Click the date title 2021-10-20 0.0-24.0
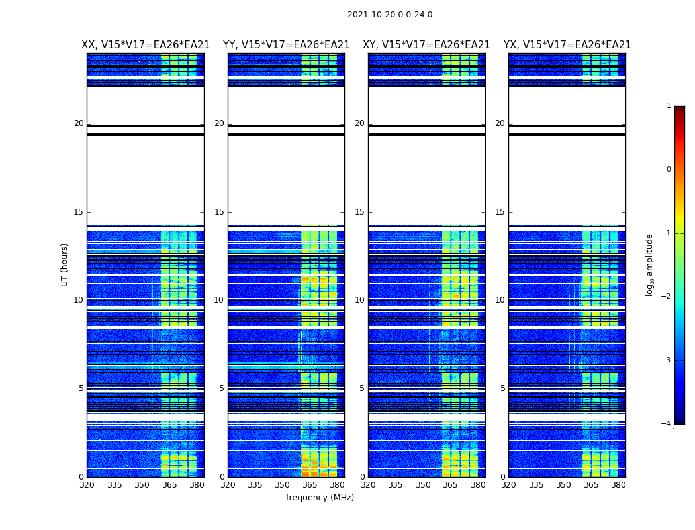pyautogui.click(x=390, y=15)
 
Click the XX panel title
pyautogui.click(x=146, y=45)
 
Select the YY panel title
pyautogui.click(x=286, y=45)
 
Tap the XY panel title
pyautogui.click(x=426, y=45)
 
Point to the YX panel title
pyautogui.click(x=567, y=45)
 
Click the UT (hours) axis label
pyautogui.click(x=65, y=264)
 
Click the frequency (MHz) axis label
pyautogui.click(x=320, y=498)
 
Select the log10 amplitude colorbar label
pyautogui.click(x=650, y=264)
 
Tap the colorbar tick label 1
pyautogui.click(x=669, y=106)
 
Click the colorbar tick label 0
pyautogui.click(x=669, y=170)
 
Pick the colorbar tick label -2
pyautogui.click(x=667, y=297)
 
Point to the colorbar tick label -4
pyautogui.click(x=667, y=424)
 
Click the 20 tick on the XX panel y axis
pyautogui.click(x=79, y=123)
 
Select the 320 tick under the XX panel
pyautogui.click(x=87, y=485)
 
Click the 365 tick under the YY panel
pyautogui.click(x=310, y=485)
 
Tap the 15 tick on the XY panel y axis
pyautogui.click(x=359, y=212)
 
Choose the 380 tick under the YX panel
pyautogui.click(x=618, y=485)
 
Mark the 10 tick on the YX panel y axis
pyautogui.click(x=500, y=300)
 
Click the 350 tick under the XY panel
pyautogui.click(x=423, y=485)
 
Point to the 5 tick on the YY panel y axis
pyautogui.click(x=222, y=388)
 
